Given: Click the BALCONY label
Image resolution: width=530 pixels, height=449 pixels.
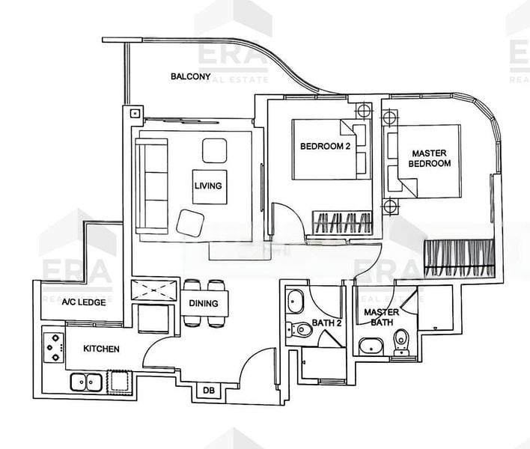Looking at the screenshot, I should coord(189,76).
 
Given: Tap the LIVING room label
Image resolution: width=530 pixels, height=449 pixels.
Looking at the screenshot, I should coord(208,186).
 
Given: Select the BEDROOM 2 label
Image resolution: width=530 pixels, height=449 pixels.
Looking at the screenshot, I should coord(325,146).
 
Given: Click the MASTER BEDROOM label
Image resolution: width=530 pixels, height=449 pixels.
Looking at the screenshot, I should coord(430,158).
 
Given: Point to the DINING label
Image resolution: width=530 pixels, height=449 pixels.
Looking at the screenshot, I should coord(204,303).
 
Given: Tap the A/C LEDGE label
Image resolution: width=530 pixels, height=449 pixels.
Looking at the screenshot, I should coord(82,303).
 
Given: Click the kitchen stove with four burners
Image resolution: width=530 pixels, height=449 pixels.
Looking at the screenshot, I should coord(53,347).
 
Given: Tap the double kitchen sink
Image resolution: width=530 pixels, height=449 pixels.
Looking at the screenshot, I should coord(88,382).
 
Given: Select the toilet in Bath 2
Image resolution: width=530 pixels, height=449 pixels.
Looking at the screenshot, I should coord(301,327).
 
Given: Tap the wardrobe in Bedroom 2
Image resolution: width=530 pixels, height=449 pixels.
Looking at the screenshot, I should coord(341,222).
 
